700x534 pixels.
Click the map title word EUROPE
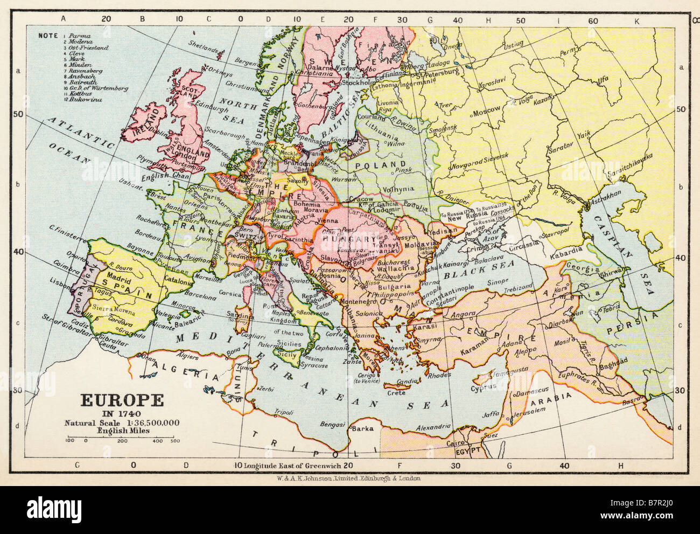pos(122,400)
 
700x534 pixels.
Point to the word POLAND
pos(384,164)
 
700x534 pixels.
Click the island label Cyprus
pos(482,387)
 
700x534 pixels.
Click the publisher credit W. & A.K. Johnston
pos(349,478)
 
